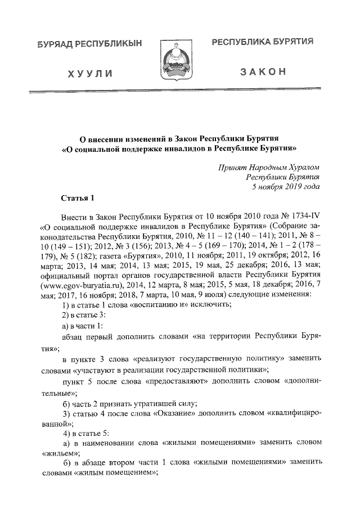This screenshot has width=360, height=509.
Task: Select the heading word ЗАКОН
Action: pyautogui.click(x=263, y=73)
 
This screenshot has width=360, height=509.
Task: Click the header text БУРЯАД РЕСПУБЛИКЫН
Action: pyautogui.click(x=90, y=44)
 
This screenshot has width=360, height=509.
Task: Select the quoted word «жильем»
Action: pyautogui.click(x=59, y=452)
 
